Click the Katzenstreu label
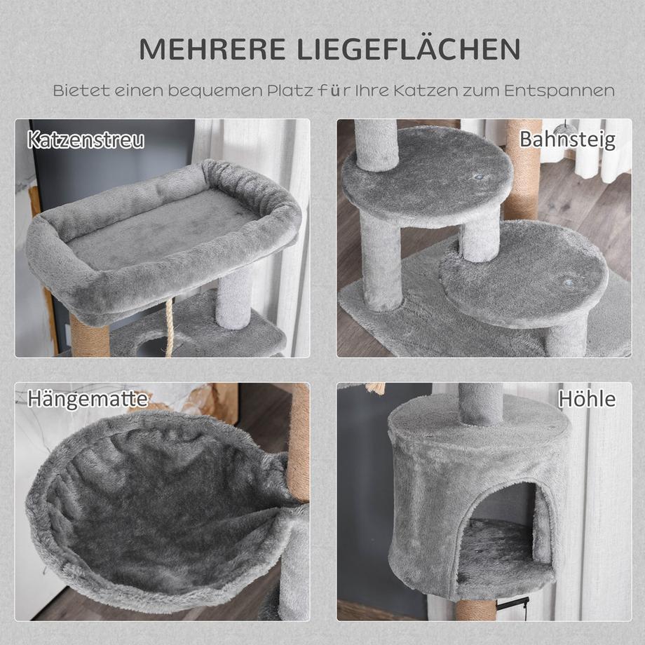tap(86, 140)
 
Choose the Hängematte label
tap(88, 400)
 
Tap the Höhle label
tap(587, 399)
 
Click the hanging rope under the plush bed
tap(168, 330)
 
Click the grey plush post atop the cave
tap(480, 403)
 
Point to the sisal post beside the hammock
tap(298, 442)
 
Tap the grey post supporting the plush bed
tap(233, 298)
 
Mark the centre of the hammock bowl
tap(161, 505)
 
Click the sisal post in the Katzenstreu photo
tap(89, 335)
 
